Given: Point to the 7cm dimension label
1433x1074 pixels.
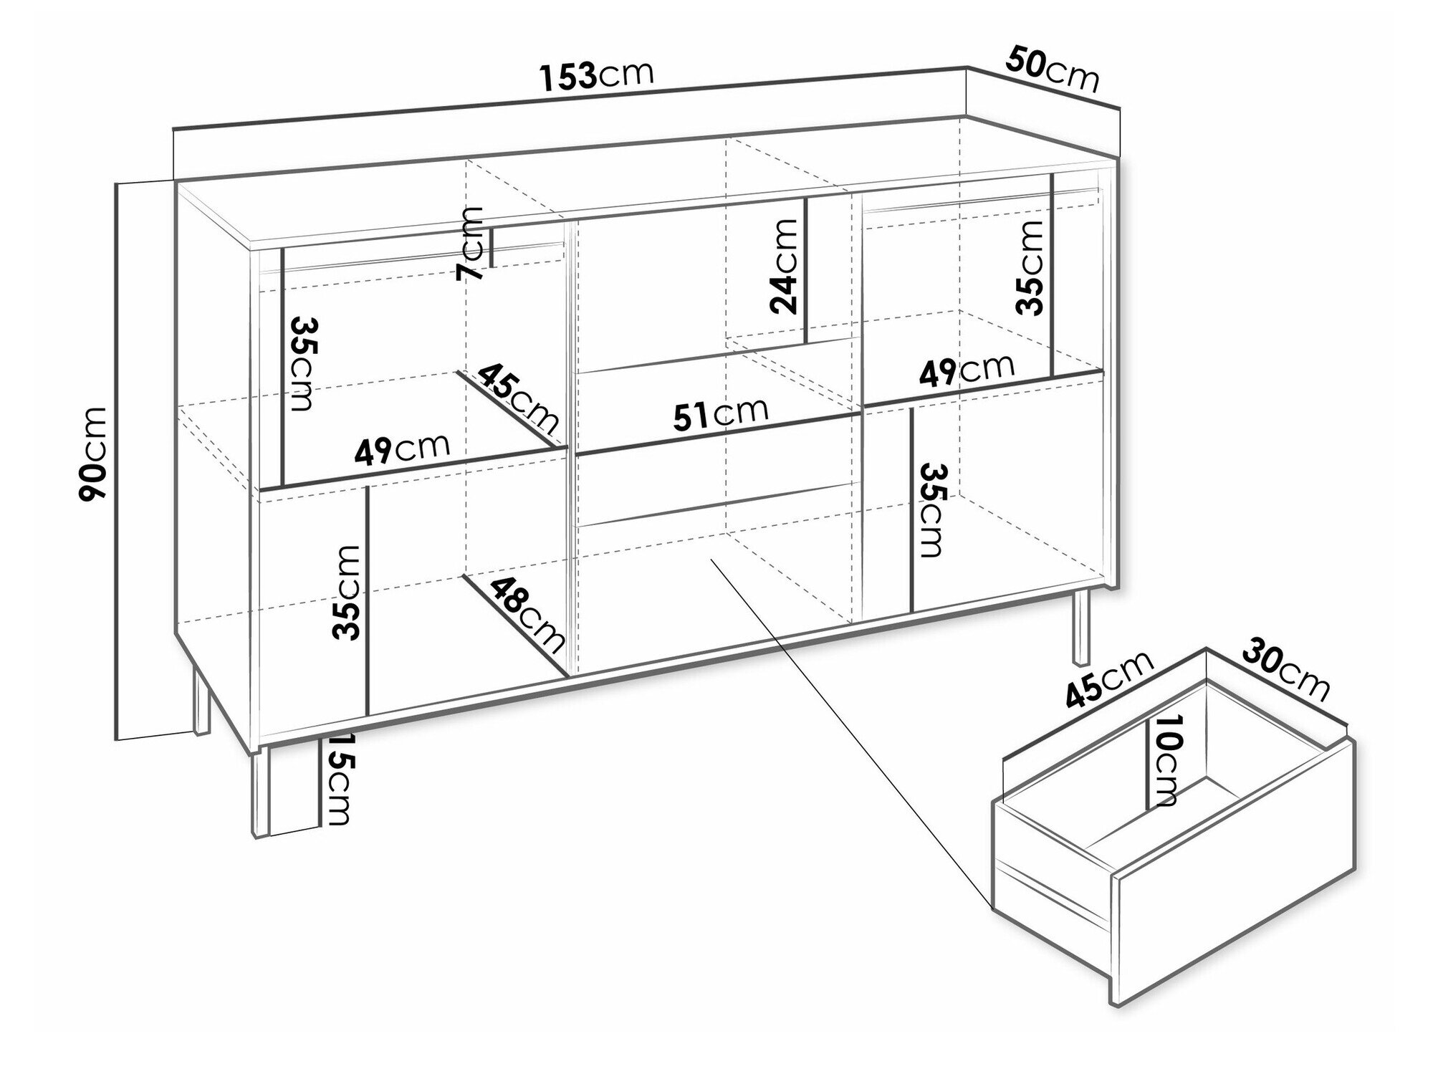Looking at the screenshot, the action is [x=471, y=244].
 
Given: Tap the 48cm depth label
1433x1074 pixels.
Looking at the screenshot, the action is [x=527, y=615].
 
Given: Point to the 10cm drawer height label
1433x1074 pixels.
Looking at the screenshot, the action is [x=1164, y=761].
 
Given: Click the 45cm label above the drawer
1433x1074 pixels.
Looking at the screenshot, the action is [x=1109, y=680].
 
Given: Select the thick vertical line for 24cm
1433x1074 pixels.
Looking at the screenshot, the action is [x=807, y=271].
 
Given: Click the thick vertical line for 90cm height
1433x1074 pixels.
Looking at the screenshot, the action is [x=116, y=461].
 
